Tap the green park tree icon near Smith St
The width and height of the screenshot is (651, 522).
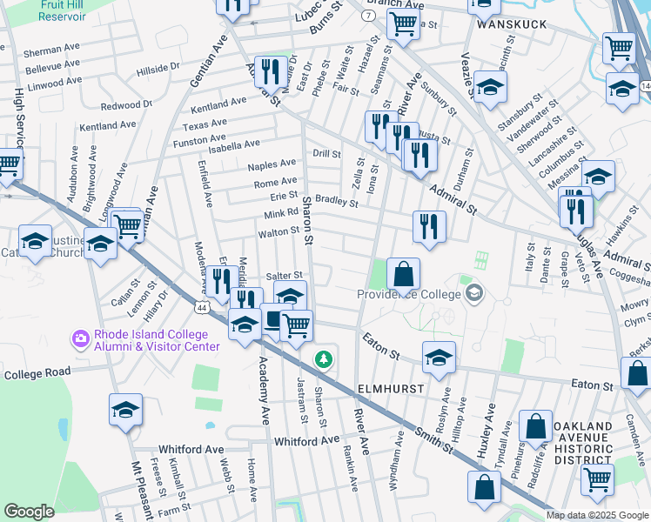pos(323,358)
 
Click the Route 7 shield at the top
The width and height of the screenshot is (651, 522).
pos(367,17)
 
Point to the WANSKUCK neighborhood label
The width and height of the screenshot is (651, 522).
pos(511,24)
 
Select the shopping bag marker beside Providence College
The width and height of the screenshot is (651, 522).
pos(403,274)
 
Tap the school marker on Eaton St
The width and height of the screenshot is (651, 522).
pos(439,356)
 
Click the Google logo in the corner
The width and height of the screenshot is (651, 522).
pos(29,511)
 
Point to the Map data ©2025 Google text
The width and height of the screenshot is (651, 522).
pos(596,515)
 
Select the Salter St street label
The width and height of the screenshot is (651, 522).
pos(284,276)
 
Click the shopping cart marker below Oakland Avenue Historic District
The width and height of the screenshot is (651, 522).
pos(597,478)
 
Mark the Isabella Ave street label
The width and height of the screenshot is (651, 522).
pos(229,144)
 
